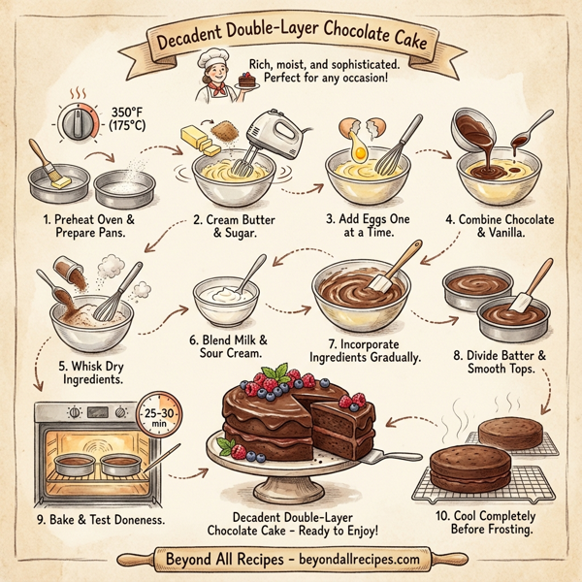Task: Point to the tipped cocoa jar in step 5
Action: [x=70, y=272]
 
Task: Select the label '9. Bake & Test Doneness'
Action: [x=102, y=521]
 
